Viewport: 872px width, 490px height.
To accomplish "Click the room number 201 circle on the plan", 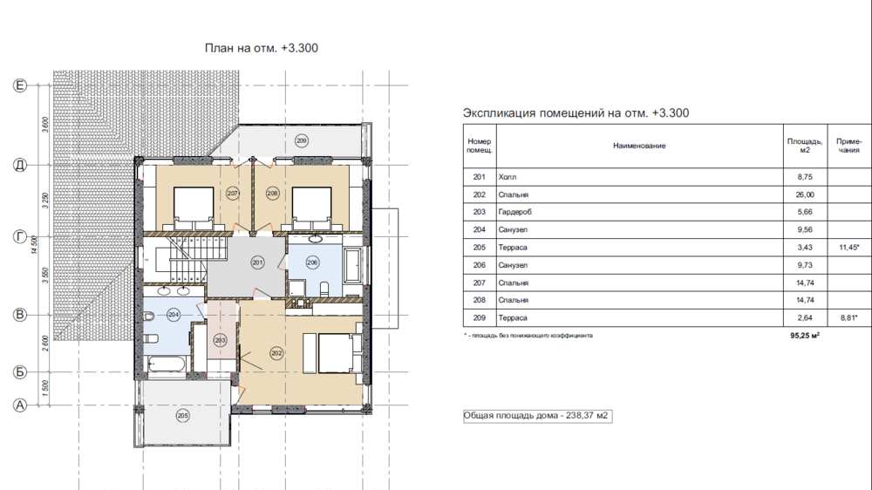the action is (257, 262).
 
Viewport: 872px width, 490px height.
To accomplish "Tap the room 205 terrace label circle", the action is (182, 416).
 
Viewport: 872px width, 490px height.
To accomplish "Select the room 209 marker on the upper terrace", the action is (302, 140).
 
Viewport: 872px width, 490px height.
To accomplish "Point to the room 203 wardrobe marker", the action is (221, 340).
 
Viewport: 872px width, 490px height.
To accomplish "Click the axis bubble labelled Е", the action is (20, 85).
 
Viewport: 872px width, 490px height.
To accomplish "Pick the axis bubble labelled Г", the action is (20, 237).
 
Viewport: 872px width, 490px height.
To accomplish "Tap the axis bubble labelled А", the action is (20, 405).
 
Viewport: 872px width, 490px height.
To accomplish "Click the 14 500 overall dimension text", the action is (35, 245).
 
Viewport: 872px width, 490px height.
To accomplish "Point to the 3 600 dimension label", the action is (45, 125).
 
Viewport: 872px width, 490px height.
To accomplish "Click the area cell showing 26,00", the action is (805, 194).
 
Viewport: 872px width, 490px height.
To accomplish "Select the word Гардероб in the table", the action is (515, 212).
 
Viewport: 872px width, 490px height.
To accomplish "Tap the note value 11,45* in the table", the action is (849, 248).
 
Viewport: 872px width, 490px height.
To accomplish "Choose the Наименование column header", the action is (639, 146).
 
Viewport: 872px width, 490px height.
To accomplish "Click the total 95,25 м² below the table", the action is (805, 336).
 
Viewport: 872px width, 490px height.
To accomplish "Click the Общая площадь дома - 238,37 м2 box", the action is (538, 416).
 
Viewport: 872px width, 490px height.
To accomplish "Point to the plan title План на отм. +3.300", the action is (262, 48).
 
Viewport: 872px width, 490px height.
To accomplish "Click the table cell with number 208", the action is (480, 300).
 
